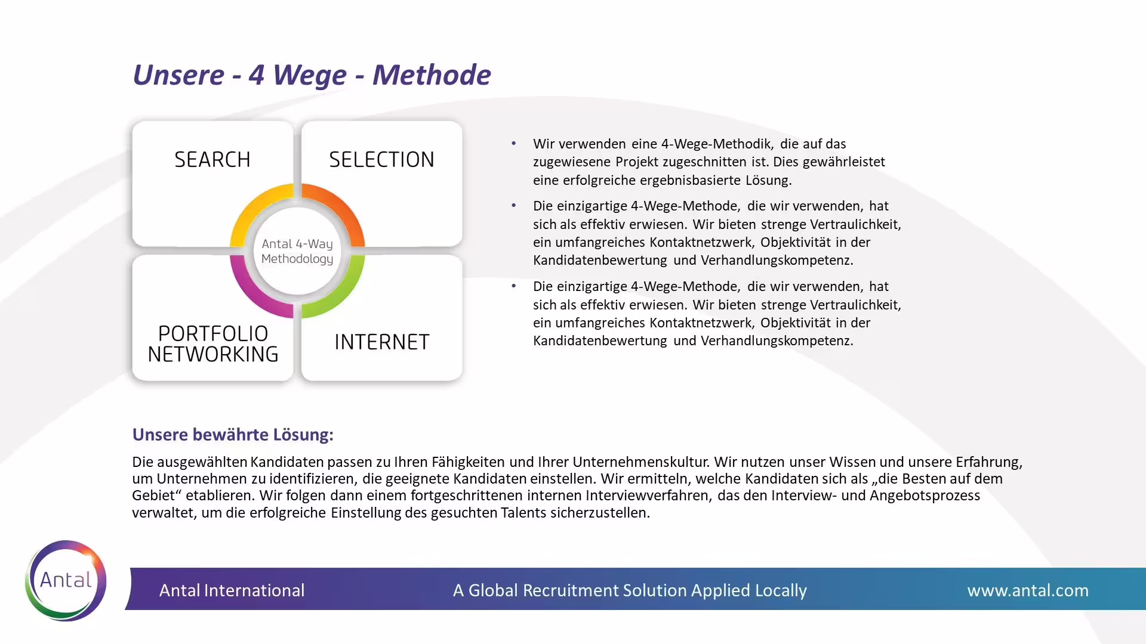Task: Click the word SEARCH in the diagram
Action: point(212,160)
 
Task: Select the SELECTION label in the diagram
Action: point(381,160)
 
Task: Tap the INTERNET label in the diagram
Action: point(382,342)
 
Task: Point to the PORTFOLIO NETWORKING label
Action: point(213,343)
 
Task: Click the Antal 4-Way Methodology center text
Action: point(297,251)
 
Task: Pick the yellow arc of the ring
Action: point(251,209)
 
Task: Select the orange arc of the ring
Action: point(344,209)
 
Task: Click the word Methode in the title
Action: point(432,75)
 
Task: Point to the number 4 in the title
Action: point(257,75)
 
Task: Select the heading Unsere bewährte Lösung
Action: point(233,435)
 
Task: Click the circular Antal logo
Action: point(66,580)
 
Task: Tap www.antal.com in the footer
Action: point(1028,590)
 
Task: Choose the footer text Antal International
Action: point(232,590)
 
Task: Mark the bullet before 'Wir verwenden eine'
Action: point(513,143)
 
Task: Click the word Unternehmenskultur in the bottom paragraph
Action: point(641,462)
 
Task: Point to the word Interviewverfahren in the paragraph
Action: point(649,496)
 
